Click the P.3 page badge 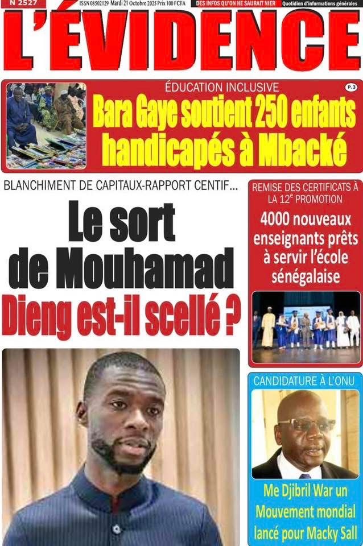tap(349, 87)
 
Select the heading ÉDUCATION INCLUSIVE tap(221, 87)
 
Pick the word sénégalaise tap(305, 276)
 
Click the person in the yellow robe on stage tap(268, 329)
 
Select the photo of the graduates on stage tap(305, 327)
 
